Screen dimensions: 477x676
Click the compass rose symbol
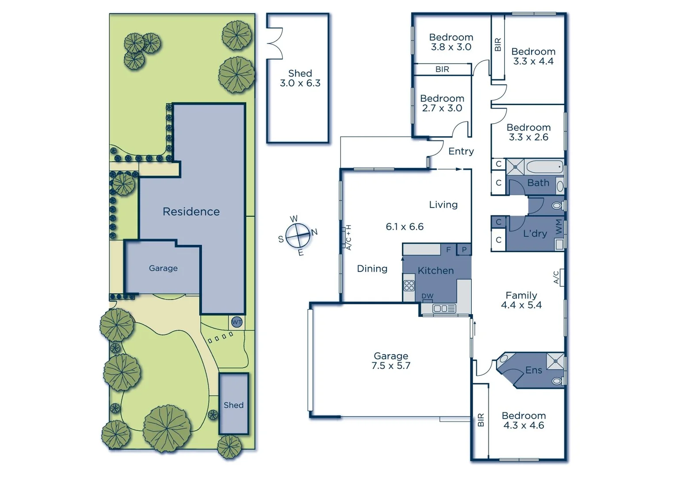coord(298,236)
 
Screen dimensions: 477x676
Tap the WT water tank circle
coord(237,322)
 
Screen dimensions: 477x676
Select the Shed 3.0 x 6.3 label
coord(300,78)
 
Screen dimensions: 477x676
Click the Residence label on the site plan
coord(191,212)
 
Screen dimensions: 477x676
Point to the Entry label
coord(461,151)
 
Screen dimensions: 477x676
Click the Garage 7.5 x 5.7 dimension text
coord(391,361)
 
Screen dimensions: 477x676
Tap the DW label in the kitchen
coord(427,296)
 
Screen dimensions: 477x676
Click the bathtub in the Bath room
coord(544,167)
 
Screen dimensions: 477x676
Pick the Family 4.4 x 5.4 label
coord(521,300)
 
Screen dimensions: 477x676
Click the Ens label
coord(534,370)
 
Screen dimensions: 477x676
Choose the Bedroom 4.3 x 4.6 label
coord(523,420)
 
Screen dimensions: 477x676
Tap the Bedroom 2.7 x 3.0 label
coord(442,103)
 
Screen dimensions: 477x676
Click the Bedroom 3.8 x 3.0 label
coord(451,42)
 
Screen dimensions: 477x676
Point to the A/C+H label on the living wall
coord(348,237)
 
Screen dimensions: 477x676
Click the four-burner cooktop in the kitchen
coord(409,285)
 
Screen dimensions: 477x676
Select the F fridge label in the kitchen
coord(448,250)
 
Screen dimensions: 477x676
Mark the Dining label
coord(372,269)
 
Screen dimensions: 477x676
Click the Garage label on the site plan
coord(163,268)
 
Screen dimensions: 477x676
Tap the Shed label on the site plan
coord(233,405)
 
